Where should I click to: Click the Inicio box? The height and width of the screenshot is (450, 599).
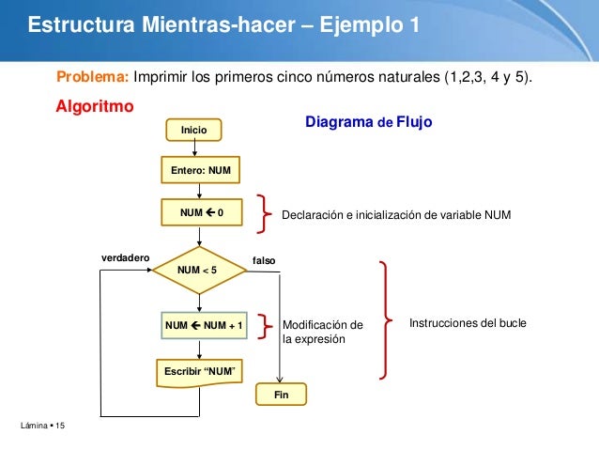(193, 129)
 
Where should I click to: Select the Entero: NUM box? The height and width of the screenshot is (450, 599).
(200, 169)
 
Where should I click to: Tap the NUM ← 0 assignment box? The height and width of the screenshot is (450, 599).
(201, 213)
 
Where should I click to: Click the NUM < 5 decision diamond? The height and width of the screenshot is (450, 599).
(197, 271)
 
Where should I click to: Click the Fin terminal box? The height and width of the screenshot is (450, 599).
(281, 396)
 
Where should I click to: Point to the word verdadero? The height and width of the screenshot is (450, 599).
(125, 256)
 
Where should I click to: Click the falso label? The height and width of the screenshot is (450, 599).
(264, 259)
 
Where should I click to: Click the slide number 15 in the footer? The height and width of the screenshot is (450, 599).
(60, 428)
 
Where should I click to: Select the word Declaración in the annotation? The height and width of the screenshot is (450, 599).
(316, 215)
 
